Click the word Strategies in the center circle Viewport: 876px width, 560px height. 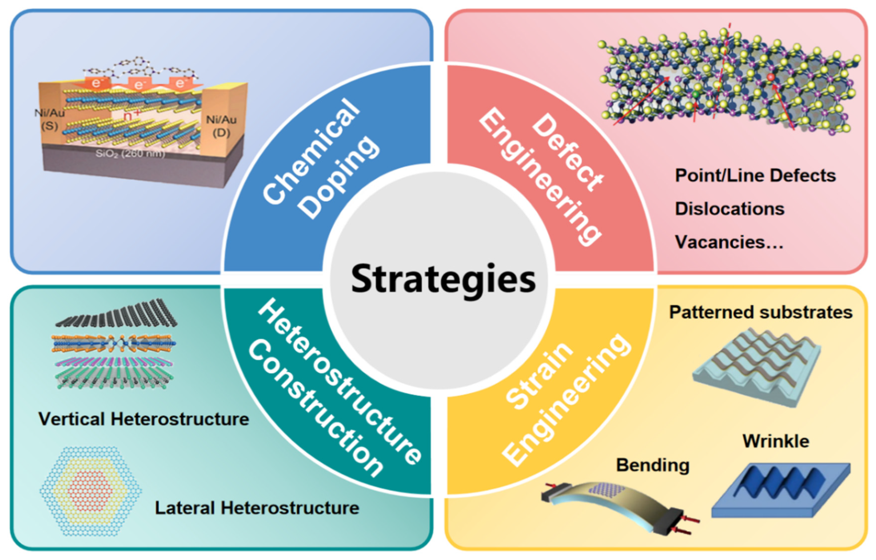pos(443,279)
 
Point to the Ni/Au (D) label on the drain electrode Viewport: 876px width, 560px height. pos(221,126)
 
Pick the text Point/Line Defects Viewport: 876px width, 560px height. pos(755,176)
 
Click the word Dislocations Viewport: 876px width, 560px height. pos(729,209)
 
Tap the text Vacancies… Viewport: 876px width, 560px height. pos(729,242)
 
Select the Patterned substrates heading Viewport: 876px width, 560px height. pos(761,312)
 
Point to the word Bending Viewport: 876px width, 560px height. pos(653,465)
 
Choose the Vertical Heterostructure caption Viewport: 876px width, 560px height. pos(144,419)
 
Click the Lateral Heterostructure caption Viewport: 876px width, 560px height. pos(257,508)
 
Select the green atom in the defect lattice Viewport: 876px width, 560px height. pos(695,94)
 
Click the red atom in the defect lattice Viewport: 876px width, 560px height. pos(770,77)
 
